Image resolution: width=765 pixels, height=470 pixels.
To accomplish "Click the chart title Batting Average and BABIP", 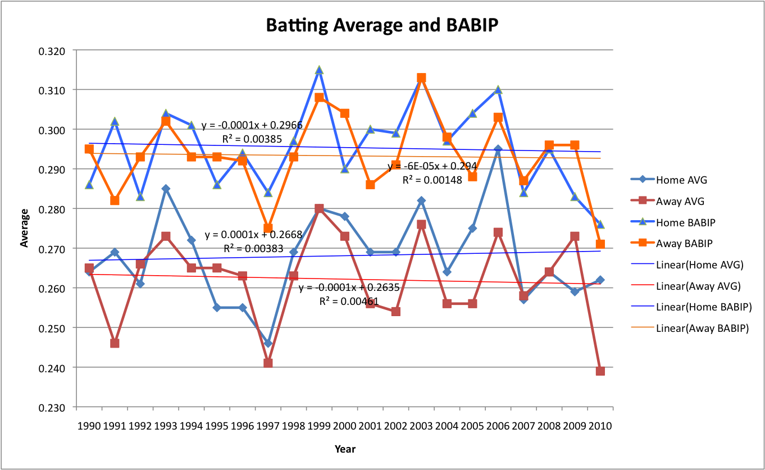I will [382, 25].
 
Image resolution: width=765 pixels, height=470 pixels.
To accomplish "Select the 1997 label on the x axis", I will [268, 426].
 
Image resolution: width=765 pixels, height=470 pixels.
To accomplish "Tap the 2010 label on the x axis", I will [600, 426].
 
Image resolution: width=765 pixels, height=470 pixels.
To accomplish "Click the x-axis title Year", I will [344, 449].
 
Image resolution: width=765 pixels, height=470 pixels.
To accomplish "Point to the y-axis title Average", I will [25, 229].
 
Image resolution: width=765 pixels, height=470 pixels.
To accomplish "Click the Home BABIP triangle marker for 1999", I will [319, 70].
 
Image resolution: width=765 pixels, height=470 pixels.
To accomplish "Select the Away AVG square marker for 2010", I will [600, 371].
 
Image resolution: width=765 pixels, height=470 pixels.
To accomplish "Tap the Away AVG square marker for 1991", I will [115, 343].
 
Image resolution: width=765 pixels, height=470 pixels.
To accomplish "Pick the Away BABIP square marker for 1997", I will [268, 229].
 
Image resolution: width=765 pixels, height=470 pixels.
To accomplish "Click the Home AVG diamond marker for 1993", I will [166, 189].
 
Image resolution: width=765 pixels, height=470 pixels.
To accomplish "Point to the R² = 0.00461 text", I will [349, 301].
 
